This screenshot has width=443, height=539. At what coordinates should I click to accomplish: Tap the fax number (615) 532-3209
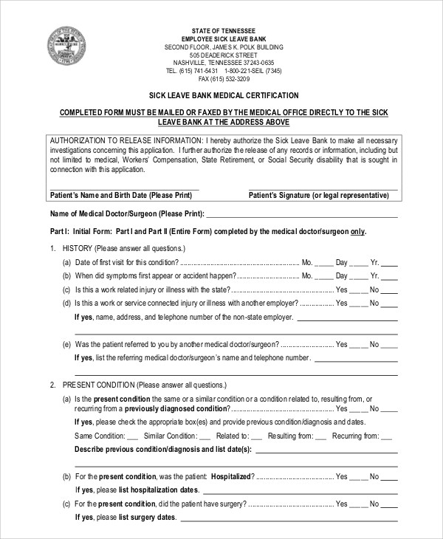click(225, 79)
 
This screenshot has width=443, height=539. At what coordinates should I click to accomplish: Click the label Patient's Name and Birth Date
click(121, 196)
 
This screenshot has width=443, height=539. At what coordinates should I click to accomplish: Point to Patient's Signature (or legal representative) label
click(318, 196)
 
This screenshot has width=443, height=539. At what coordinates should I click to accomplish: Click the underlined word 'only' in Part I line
click(357, 231)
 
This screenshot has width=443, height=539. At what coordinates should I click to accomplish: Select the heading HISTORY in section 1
click(78, 248)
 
